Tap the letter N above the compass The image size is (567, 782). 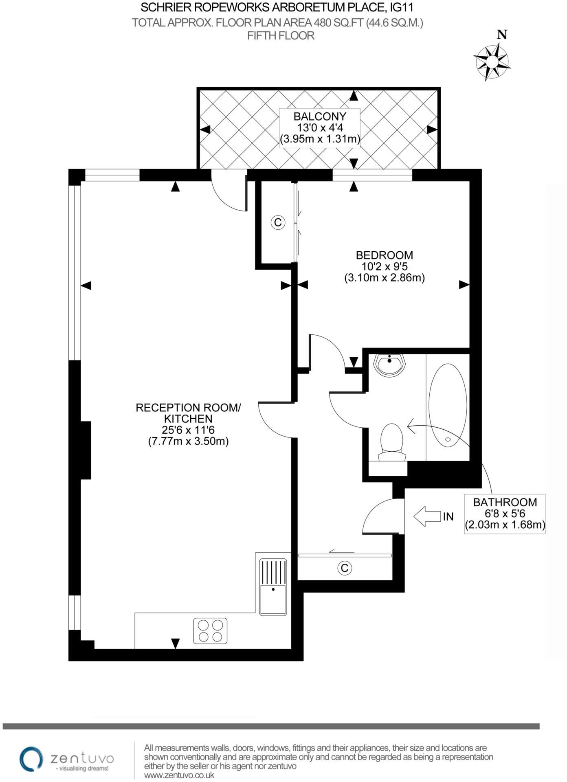point(502,35)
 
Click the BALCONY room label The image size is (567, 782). point(320,116)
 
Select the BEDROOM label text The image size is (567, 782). point(384,255)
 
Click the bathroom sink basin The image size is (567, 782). point(390,365)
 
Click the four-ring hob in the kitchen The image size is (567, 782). point(210,631)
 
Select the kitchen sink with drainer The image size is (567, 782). point(273,587)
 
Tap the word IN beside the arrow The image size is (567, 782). point(448,516)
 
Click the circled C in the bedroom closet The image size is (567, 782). point(278,222)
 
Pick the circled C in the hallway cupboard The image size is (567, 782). point(345,568)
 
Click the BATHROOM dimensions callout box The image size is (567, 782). point(505,514)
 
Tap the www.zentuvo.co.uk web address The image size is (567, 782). point(179,775)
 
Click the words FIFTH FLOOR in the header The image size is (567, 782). point(281,36)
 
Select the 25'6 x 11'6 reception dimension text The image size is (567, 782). point(188,430)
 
